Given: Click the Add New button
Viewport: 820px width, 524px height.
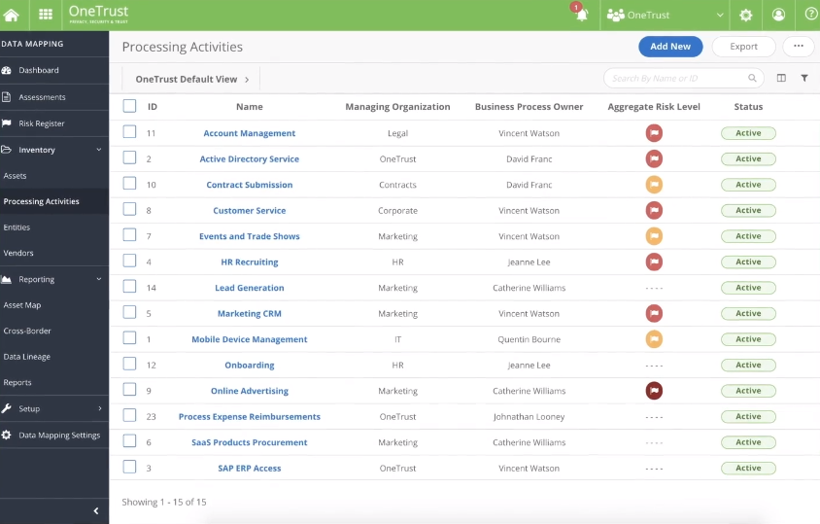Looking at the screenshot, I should [670, 46].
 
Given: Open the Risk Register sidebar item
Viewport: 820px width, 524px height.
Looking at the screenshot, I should [42, 123].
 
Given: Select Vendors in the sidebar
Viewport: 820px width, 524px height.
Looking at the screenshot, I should [18, 253].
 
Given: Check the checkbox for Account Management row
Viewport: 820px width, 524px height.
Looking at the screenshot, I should [129, 132].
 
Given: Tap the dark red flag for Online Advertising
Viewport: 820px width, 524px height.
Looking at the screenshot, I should [654, 391].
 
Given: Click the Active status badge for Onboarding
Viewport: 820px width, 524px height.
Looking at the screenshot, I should [748, 366].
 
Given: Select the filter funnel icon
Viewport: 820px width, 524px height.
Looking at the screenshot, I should [804, 78].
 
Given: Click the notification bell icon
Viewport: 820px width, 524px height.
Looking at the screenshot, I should [582, 15].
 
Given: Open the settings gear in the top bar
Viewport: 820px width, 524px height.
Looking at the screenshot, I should [746, 15].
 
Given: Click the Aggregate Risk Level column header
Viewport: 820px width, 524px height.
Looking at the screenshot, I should [654, 107].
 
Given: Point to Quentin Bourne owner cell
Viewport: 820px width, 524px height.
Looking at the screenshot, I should [529, 339].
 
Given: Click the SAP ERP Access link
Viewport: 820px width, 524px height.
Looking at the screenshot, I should [250, 469].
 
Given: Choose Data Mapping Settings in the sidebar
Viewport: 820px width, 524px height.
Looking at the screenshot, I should [59, 435].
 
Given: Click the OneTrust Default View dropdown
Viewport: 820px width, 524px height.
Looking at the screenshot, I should [192, 79].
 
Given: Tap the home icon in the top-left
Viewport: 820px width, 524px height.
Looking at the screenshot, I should [12, 15].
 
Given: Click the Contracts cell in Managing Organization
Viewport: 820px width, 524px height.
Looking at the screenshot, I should [397, 185].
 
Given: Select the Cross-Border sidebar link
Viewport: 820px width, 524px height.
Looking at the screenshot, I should [27, 331].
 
